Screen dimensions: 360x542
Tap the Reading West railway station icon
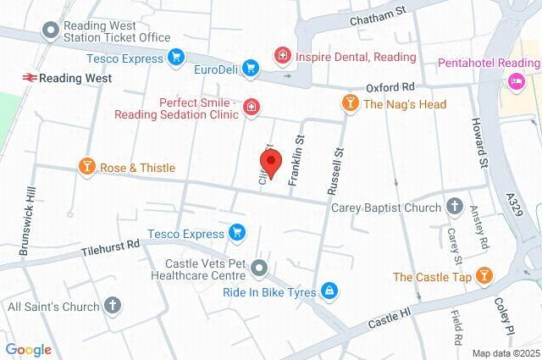click(28, 77)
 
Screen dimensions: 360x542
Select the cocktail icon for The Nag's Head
click(348, 104)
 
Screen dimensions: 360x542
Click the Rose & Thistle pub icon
click(86, 167)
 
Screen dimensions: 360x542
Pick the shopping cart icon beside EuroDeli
click(250, 67)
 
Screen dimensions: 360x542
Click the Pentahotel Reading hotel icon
click(513, 81)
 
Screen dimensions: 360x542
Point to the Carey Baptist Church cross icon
click(454, 208)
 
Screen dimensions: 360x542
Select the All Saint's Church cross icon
click(112, 305)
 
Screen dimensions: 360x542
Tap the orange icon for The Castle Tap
click(483, 276)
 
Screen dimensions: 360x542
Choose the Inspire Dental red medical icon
click(281, 56)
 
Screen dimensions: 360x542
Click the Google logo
click(29, 349)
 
